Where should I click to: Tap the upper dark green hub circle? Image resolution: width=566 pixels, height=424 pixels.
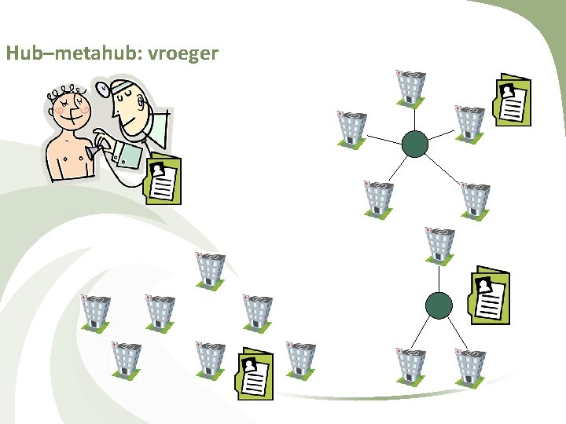414,144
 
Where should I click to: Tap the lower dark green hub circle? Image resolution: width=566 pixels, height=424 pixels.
438,305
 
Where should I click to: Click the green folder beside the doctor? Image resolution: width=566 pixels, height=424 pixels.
163,180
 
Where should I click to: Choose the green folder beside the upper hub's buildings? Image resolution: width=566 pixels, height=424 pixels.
513,101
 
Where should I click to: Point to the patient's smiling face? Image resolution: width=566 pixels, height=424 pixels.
69,109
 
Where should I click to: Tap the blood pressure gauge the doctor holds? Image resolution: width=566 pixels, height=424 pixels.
128,154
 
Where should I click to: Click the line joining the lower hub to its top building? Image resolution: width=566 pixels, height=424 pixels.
439,277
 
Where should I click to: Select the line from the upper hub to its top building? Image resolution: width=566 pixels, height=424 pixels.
413,118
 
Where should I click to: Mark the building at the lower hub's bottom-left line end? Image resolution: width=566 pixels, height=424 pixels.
410,364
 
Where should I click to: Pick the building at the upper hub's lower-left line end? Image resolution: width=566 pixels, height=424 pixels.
379,199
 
